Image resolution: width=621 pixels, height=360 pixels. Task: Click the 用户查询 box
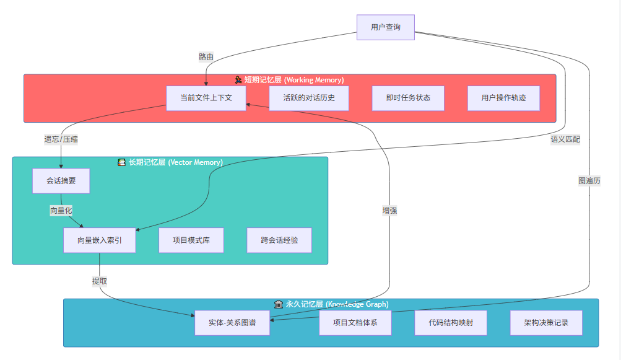[385, 27]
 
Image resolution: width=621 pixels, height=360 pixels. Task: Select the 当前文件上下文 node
[206, 98]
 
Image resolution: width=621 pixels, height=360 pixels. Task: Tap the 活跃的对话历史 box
[309, 98]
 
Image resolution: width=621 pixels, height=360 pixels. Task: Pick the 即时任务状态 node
[408, 98]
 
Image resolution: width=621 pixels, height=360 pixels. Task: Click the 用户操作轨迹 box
[503, 98]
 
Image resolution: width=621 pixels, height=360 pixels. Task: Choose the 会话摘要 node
[61, 181]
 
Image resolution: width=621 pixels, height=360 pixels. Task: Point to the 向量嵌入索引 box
[100, 240]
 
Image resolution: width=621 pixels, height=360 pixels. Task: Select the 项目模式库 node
[191, 240]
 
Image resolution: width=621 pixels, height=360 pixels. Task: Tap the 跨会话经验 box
[279, 240]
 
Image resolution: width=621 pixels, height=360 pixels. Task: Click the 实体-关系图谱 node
[232, 323]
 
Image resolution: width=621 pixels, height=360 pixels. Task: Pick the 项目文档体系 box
[355, 323]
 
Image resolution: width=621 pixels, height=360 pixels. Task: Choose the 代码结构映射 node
[451, 323]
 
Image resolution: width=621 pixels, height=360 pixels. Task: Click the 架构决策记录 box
[546, 323]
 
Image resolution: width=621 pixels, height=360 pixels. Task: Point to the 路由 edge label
[206, 57]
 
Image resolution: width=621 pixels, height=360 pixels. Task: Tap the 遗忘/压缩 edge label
[61, 139]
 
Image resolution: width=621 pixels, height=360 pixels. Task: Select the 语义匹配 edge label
[565, 139]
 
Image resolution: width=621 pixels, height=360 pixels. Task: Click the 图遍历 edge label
[589, 181]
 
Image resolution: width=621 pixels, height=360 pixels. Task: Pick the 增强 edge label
[389, 211]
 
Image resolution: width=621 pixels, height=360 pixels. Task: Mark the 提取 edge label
[100, 281]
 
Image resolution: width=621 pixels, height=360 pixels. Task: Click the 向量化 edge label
[61, 211]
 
